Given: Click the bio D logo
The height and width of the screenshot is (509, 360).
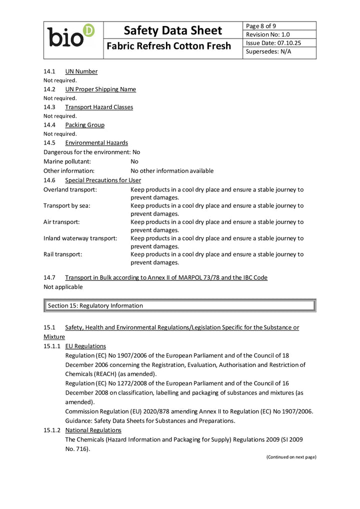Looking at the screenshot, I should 71,36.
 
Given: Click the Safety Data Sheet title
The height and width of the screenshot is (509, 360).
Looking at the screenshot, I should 172,30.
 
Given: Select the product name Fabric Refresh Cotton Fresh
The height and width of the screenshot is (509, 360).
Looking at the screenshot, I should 169,46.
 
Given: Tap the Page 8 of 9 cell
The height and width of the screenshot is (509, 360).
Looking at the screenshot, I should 261,26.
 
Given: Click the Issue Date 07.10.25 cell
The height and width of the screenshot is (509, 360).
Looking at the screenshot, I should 273,43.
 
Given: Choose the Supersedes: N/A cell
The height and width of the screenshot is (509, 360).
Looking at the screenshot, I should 268,51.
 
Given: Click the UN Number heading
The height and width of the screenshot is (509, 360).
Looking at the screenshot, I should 81,71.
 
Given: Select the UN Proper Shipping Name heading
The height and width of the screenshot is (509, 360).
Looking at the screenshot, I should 100,89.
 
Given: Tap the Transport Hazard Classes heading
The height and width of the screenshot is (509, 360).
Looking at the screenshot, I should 98,107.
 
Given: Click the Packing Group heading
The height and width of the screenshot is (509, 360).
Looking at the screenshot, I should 84,125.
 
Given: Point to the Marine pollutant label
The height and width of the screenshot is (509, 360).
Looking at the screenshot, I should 67,161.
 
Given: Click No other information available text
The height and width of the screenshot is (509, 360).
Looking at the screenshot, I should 172,171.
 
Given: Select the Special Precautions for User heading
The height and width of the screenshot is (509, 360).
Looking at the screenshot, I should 102,180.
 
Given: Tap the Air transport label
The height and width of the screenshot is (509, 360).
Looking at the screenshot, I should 61,221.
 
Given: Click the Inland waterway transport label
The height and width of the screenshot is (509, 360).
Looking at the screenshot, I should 80,238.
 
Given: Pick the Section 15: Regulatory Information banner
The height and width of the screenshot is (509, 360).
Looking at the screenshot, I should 180,305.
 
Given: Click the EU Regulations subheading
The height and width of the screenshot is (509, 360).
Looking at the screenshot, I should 85,346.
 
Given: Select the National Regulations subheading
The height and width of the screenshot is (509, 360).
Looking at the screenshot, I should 93,430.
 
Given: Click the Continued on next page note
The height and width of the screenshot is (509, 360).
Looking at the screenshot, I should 291,457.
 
